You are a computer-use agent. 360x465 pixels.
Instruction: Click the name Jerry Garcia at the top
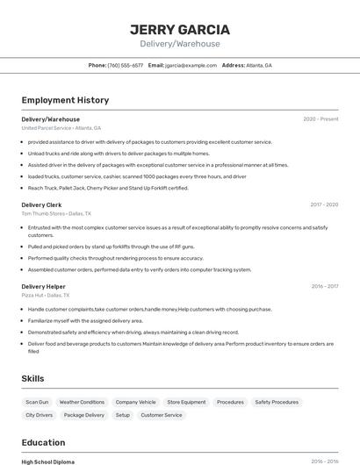pos(180,29)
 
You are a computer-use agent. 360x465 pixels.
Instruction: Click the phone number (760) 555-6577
pos(125,65)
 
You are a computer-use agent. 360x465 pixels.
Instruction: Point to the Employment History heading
pos(65,100)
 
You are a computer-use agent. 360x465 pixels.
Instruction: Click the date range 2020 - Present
pos(320,118)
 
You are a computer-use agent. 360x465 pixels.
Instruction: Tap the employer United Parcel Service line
pos(61,128)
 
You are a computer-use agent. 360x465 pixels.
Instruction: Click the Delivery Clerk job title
pos(41,204)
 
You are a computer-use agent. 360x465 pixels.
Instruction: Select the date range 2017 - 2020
pos(324,204)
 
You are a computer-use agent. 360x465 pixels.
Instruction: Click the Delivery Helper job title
pos(43,286)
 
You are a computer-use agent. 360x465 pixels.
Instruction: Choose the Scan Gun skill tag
pos(37,402)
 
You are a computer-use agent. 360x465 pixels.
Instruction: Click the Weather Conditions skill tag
pos(82,402)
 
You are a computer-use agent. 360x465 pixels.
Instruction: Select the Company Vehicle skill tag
pos(135,402)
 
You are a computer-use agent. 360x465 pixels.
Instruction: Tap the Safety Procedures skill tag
pos(277,402)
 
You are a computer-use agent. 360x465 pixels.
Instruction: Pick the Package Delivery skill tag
pos(83,415)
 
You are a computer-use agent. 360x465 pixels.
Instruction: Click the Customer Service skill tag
pos(162,415)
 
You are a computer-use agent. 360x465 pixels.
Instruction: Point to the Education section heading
pos(43,442)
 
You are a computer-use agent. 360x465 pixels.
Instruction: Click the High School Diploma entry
pos(47,461)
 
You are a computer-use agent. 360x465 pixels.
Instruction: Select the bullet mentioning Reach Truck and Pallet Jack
pos(108,187)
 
